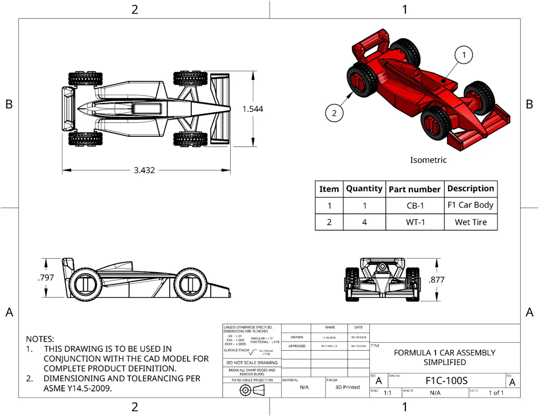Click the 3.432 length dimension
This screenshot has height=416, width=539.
[144, 170]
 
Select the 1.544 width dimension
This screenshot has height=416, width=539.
[253, 109]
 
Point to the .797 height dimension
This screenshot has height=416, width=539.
[46, 278]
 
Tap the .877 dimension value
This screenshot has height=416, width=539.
[437, 280]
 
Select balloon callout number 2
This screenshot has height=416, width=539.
[334, 113]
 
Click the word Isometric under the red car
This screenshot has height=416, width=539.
[429, 160]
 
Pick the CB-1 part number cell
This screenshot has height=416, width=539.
[415, 206]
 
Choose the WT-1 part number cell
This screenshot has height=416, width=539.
[415, 222]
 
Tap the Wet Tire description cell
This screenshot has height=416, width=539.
[471, 222]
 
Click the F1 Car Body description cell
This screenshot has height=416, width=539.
[471, 205]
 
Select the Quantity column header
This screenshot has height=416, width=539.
[364, 189]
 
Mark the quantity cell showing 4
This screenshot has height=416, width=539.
[364, 222]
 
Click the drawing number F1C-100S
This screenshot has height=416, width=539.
[446, 380]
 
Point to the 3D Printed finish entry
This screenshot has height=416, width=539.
[348, 387]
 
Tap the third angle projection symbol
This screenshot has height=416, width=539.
[252, 391]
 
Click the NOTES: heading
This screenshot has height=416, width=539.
[40, 339]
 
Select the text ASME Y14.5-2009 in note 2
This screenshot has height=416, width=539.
[78, 388]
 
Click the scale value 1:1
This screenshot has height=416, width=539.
[388, 393]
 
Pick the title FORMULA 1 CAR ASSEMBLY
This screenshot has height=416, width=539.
[445, 353]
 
